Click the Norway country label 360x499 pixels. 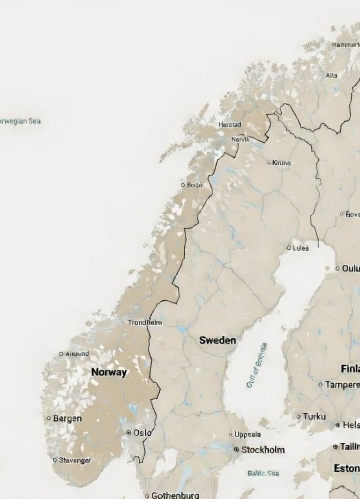[x=109, y=372]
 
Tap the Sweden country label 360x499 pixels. [x=217, y=341]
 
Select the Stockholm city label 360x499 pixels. [x=262, y=450]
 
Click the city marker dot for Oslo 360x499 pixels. [x=129, y=433]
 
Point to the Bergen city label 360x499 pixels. [x=67, y=418]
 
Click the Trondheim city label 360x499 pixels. [x=145, y=322]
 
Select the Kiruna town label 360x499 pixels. [x=281, y=163]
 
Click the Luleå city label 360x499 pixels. [x=300, y=248]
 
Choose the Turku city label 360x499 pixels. [x=314, y=416]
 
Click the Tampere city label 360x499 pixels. [x=342, y=385]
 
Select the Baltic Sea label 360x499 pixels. [x=263, y=473]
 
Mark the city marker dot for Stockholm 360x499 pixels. [x=236, y=449]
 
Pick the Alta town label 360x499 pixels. [x=331, y=75]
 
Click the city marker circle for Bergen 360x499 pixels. [x=49, y=418]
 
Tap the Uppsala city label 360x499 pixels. [x=247, y=434]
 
